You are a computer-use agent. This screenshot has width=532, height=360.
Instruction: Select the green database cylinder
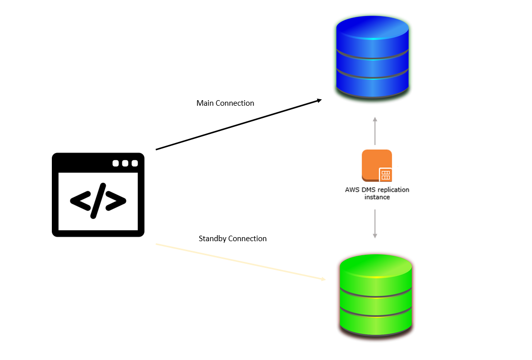pos(375,295)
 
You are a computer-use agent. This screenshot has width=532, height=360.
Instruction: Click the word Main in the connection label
pos(205,103)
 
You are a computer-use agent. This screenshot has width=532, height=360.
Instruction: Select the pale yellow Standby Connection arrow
pos(237,261)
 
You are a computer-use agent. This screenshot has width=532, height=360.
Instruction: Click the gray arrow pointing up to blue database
pos(374,131)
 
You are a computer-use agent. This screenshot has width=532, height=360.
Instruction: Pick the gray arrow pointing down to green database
pos(374,224)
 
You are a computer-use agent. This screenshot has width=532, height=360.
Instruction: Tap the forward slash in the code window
pos(98,201)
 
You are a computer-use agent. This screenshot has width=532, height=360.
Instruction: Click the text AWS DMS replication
pos(376,190)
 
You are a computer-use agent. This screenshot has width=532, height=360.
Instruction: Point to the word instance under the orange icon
pos(376,197)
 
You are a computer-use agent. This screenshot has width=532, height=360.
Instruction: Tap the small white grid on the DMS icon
pos(386,175)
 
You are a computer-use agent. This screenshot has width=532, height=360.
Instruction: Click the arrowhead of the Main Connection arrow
pos(318,101)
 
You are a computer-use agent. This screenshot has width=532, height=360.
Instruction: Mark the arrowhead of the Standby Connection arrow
pos(323,278)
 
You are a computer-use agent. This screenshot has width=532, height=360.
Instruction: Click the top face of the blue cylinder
pos(372,27)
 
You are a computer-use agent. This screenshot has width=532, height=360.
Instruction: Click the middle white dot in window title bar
pos(125,163)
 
